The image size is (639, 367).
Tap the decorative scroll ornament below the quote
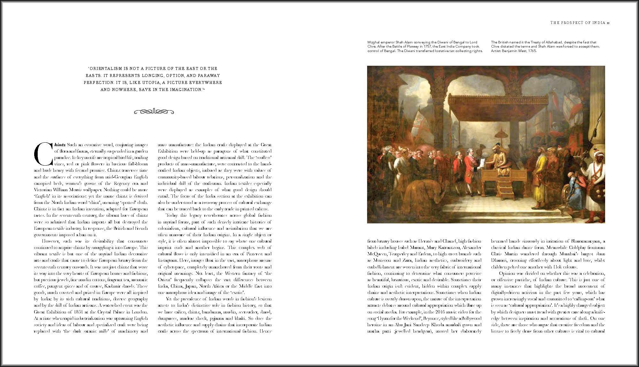pos(154,112)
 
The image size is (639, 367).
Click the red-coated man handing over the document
pos(469,172)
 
